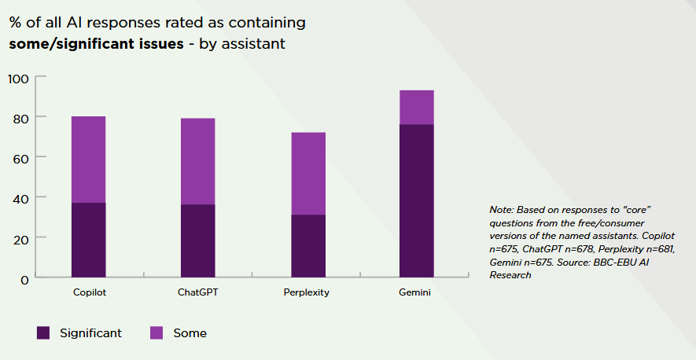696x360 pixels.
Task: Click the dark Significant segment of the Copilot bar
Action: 88,240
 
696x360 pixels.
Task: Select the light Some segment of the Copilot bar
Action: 88,160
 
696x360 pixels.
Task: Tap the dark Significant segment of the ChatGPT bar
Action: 197,241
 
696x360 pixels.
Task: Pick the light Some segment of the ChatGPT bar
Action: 197,161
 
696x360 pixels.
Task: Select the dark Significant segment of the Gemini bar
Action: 416,200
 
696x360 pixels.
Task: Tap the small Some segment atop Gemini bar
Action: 416,108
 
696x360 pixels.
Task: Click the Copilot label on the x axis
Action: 88,292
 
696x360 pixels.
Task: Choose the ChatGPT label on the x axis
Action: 197,292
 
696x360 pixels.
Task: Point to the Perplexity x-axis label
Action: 307,292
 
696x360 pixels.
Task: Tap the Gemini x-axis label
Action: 416,292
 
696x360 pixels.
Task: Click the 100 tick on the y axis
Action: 18,78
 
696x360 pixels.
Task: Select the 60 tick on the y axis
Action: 21,158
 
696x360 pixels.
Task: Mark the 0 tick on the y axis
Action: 24,278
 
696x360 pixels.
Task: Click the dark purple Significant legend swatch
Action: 44,333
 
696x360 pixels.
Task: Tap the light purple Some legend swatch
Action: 157,333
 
